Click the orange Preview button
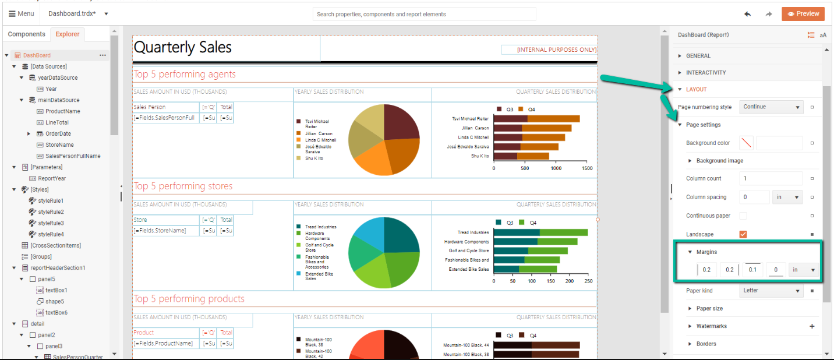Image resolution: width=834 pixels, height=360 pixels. click(x=803, y=14)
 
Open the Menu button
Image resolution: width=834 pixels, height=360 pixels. click(x=22, y=13)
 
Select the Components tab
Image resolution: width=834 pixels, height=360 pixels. click(x=26, y=34)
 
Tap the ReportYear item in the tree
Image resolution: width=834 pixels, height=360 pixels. click(x=52, y=178)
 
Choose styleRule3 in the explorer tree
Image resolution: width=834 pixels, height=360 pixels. click(x=51, y=223)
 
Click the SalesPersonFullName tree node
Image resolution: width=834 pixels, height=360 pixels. click(x=73, y=156)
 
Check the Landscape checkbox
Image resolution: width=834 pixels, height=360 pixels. click(x=743, y=234)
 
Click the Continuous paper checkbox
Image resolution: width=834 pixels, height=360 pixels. click(x=743, y=216)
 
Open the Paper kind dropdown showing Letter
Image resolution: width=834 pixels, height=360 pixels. click(x=771, y=290)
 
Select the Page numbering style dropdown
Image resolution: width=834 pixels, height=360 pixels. click(x=771, y=107)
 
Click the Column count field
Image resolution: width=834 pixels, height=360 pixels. click(x=771, y=178)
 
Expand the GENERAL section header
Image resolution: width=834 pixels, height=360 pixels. click(x=698, y=56)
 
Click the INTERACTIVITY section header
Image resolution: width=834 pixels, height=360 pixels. click(x=706, y=73)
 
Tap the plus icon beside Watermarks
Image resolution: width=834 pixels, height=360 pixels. click(x=812, y=326)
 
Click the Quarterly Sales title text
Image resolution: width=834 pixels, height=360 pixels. click(x=183, y=48)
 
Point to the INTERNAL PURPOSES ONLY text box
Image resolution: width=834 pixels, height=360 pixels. click(x=549, y=50)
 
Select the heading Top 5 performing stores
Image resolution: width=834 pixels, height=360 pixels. click(x=183, y=186)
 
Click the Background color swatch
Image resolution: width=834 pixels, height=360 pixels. click(x=746, y=143)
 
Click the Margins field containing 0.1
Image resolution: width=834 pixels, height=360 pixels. click(x=752, y=270)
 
